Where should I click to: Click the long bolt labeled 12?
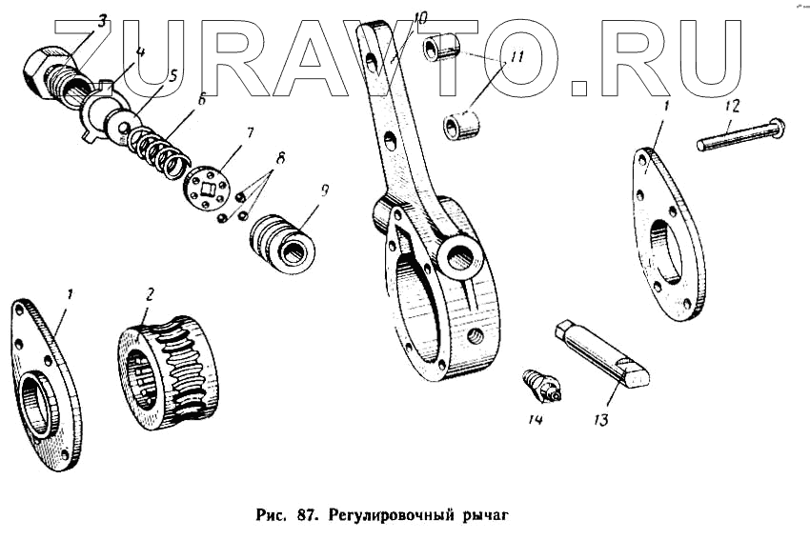[x=739, y=132]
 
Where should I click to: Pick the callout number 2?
[x=149, y=294]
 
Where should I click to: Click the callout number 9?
[x=325, y=190]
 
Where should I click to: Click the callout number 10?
[x=421, y=17]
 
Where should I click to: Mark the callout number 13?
[x=598, y=418]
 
